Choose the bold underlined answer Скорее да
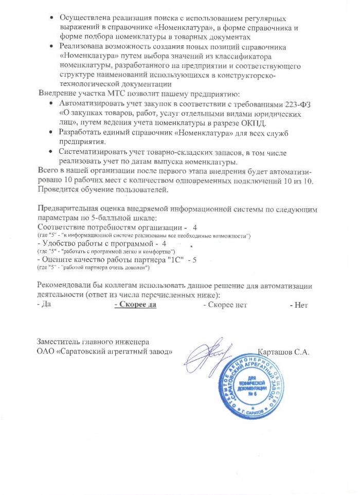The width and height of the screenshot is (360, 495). [x=135, y=305]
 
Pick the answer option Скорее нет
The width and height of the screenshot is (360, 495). [x=225, y=305]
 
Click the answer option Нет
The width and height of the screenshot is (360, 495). [x=300, y=305]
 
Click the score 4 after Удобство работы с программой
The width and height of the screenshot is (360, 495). [x=164, y=243]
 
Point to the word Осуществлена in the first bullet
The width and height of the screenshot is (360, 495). [x=84, y=18]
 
